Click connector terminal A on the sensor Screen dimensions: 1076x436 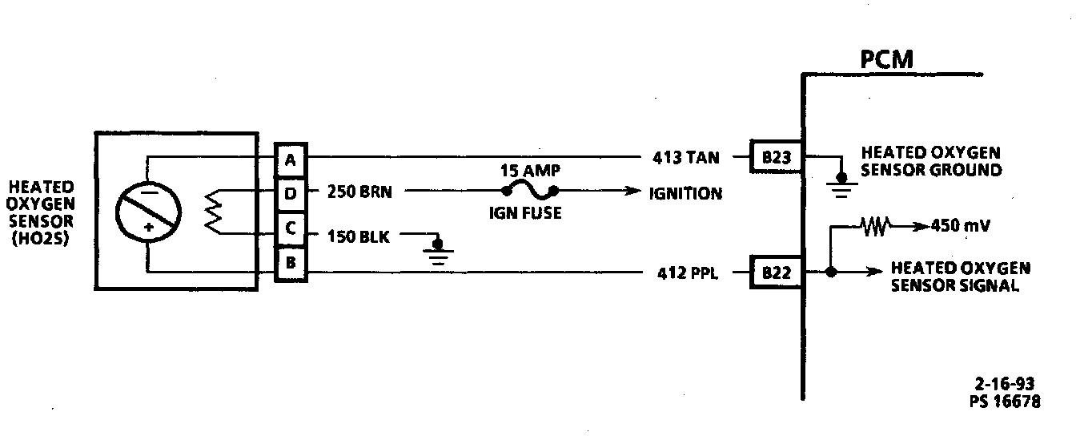[290, 159]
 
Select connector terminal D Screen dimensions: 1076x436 [290, 193]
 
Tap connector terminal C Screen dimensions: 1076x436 [290, 229]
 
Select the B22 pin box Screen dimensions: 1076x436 [776, 273]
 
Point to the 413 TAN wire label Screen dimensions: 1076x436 [685, 159]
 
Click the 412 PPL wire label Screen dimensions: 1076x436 [685, 273]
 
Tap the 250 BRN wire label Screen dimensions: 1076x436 [359, 193]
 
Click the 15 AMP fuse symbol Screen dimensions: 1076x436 [528, 191]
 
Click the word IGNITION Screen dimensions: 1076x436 [685, 193]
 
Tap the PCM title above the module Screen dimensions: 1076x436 [886, 60]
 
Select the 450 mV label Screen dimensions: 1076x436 [961, 226]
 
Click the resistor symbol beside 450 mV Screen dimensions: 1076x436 [876, 227]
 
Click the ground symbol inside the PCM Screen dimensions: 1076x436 [841, 180]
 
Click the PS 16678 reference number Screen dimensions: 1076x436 [1004, 401]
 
